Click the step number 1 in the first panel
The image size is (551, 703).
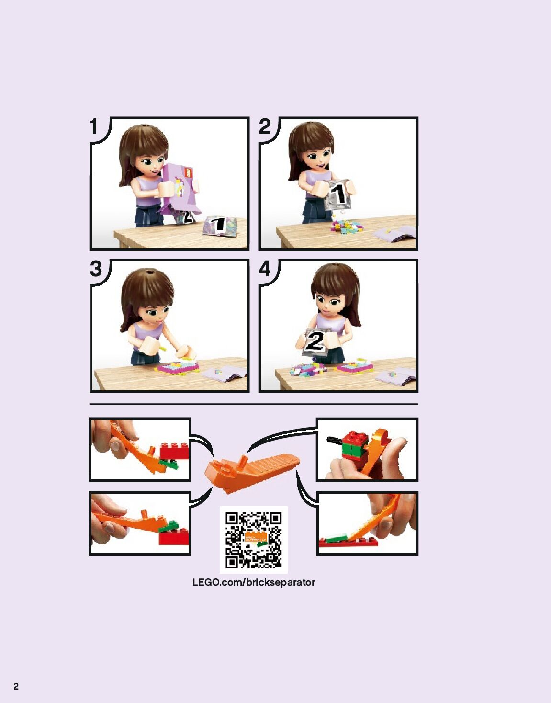tap(94, 127)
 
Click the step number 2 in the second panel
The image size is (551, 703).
tap(265, 127)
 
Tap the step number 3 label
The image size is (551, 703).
tap(96, 269)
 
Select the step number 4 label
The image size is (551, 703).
tap(265, 269)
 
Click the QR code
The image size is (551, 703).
tap(254, 540)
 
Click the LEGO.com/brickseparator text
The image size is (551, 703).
tap(254, 583)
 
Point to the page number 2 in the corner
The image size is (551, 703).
tap(16, 687)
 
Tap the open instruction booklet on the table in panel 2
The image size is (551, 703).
tap(394, 234)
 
